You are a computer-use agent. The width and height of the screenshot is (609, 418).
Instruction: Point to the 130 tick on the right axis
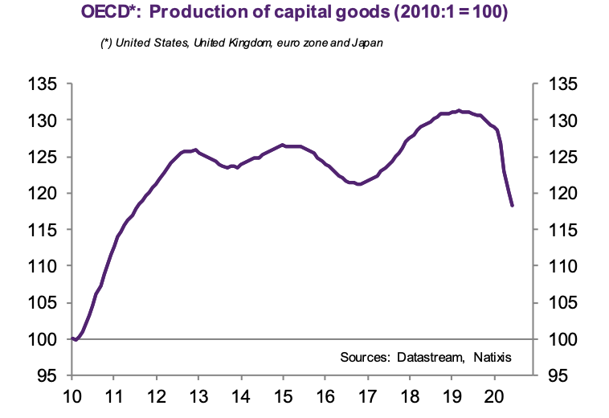click(x=558, y=121)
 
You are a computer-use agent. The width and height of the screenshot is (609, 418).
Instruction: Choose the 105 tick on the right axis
click(x=558, y=303)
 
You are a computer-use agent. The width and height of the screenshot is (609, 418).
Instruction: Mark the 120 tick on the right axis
click(x=558, y=194)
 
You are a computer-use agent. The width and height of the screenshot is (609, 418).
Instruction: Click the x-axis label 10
click(x=72, y=396)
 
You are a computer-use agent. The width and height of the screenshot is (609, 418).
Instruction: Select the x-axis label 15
click(x=283, y=396)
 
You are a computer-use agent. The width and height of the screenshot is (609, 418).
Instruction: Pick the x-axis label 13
click(x=198, y=396)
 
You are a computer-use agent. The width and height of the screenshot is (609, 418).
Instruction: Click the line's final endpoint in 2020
click(x=512, y=206)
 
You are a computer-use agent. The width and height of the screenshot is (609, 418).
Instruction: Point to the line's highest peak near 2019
click(x=459, y=111)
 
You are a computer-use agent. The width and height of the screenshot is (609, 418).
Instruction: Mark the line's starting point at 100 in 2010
click(x=72, y=338)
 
